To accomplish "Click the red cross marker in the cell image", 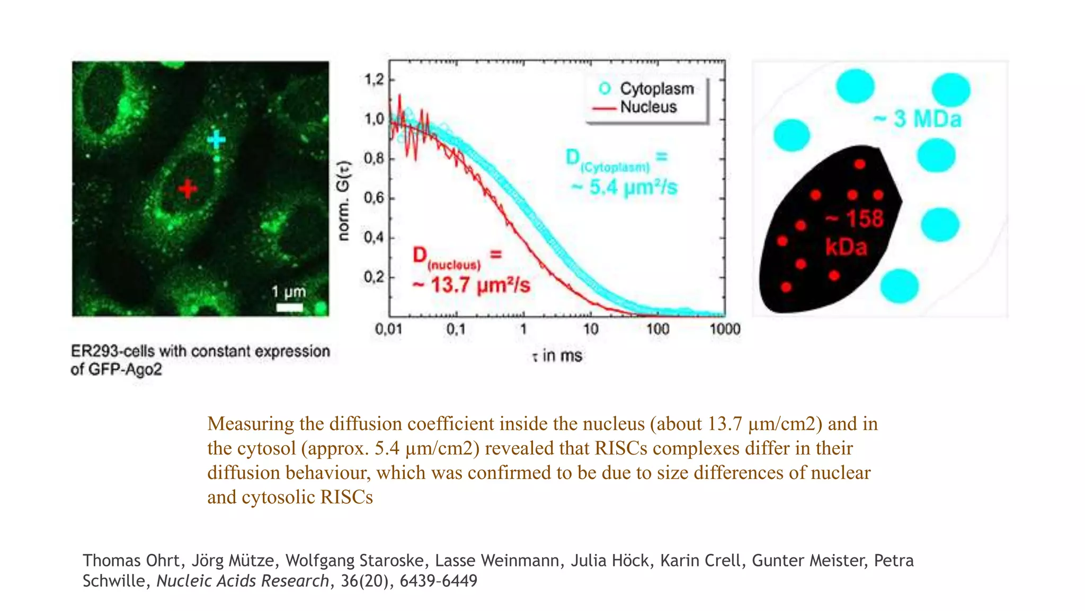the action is tap(188, 188).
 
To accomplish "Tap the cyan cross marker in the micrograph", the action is tap(216, 139).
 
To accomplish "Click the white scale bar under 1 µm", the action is tap(290, 307).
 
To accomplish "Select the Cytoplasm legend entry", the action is tap(646, 89).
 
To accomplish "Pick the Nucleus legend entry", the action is tap(634, 107).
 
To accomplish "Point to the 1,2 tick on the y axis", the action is tap(374, 80).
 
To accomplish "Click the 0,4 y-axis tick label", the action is tap(374, 237).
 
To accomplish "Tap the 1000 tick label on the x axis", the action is tap(725, 329).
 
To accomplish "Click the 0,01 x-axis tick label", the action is tap(389, 329).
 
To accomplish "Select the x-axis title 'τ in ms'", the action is tap(557, 355).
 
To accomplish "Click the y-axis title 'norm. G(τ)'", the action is tap(344, 200).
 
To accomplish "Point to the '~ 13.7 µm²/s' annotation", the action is tap(471, 285).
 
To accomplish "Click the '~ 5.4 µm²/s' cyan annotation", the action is tap(624, 187).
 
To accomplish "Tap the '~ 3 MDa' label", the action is tap(918, 119).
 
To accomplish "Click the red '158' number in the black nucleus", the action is tap(865, 219).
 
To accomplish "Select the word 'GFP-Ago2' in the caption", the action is tap(124, 369).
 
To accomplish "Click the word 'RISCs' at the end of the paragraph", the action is tap(346, 497).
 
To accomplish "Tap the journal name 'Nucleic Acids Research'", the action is tap(243, 581).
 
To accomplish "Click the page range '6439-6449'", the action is tap(439, 581).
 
